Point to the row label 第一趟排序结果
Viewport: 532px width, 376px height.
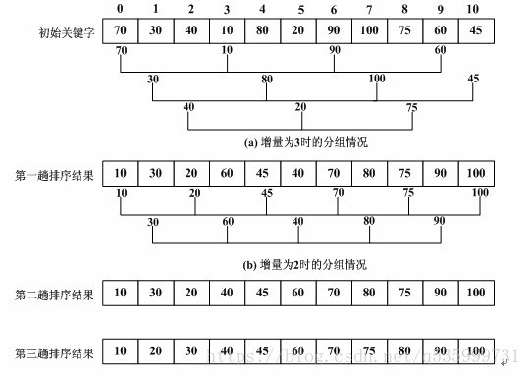click(x=55, y=175)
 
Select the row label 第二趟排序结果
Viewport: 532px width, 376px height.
click(x=55, y=294)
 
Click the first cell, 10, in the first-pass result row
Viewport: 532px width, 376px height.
click(x=120, y=175)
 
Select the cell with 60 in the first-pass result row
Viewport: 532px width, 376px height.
click(x=227, y=175)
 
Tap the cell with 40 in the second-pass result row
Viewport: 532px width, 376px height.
click(x=227, y=294)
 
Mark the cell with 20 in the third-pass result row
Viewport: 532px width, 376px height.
click(x=155, y=350)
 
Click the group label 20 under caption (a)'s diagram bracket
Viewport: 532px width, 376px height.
click(x=301, y=107)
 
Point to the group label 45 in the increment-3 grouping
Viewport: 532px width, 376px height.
click(x=474, y=79)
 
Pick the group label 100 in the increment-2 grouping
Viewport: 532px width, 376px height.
click(x=480, y=193)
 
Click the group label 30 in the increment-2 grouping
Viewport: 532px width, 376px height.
click(x=153, y=222)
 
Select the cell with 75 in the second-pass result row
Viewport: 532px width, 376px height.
click(x=403, y=294)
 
